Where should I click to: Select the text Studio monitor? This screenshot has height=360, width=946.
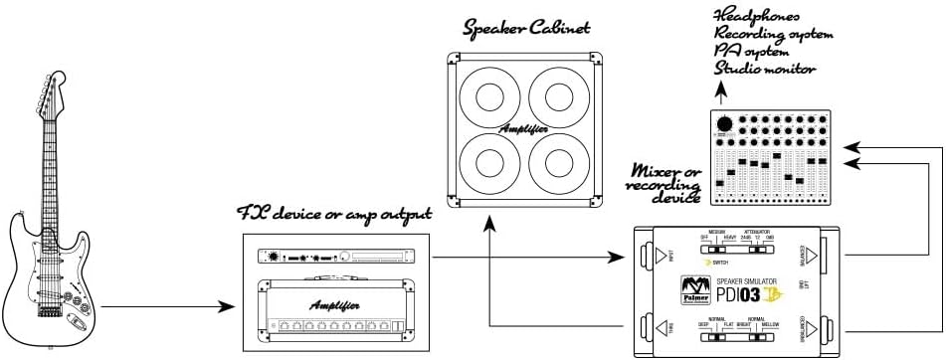tap(765, 69)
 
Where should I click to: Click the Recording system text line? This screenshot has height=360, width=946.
tap(773, 34)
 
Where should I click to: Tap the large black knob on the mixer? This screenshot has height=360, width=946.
tap(726, 122)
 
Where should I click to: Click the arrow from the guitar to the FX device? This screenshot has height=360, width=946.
tap(169, 308)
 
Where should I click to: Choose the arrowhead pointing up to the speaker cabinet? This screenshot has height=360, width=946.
tap(489, 228)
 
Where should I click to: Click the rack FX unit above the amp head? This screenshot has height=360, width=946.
tap(335, 257)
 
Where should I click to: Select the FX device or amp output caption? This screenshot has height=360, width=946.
tap(334, 214)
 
